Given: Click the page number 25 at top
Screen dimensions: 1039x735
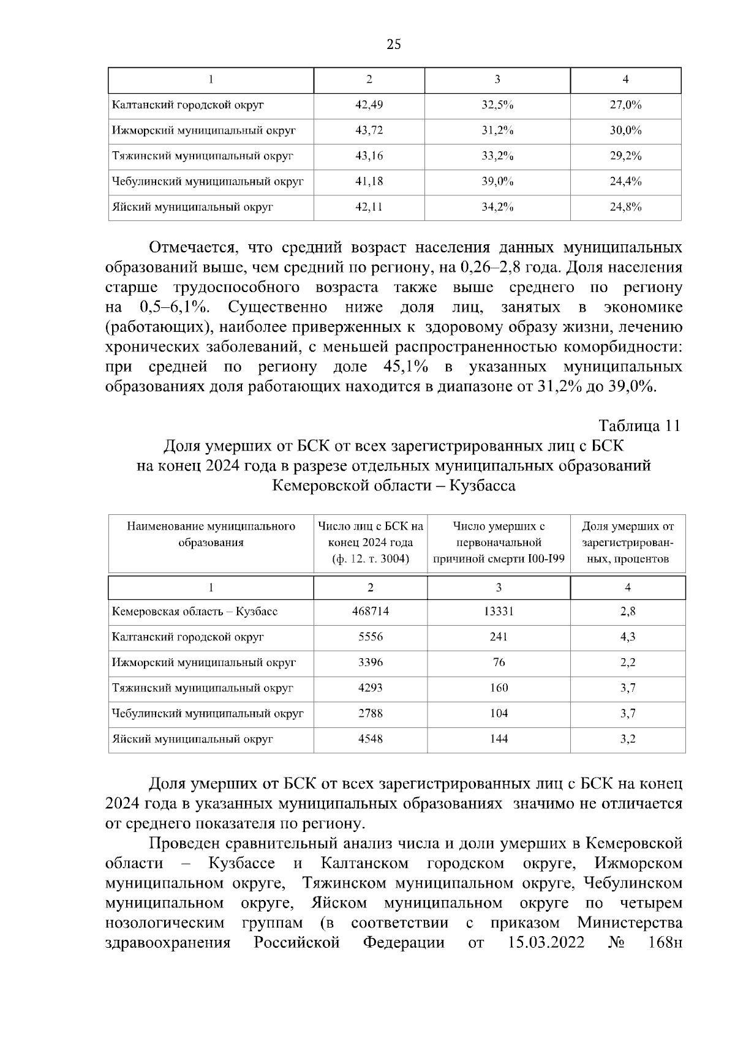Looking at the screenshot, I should click(394, 44).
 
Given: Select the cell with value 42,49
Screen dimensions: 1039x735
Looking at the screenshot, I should click(369, 105).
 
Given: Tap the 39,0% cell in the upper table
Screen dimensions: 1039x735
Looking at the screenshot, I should click(497, 181).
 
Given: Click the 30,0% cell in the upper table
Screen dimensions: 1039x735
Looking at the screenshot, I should click(625, 130).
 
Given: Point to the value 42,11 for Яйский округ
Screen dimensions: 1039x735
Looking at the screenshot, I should click(369, 207).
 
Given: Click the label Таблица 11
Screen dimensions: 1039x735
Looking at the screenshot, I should click(639, 426).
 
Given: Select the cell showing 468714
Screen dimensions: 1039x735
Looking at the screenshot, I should click(370, 611).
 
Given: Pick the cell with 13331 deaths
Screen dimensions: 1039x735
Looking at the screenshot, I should click(499, 611).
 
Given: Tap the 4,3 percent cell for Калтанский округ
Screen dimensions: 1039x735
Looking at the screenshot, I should click(627, 637).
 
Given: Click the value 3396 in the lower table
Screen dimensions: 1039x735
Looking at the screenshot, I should click(370, 662).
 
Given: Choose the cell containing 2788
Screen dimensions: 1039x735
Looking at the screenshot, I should click(370, 713).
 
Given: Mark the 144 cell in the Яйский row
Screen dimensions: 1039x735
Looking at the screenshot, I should click(499, 739).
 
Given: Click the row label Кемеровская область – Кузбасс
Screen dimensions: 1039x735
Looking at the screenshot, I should click(194, 612).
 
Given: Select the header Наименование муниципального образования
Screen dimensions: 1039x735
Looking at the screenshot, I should click(211, 534).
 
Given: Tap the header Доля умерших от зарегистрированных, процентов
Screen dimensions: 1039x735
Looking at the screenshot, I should click(627, 542).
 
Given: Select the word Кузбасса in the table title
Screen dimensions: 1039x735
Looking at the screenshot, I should click(482, 486).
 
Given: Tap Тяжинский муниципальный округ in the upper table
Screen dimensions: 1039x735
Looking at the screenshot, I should click(202, 156).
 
